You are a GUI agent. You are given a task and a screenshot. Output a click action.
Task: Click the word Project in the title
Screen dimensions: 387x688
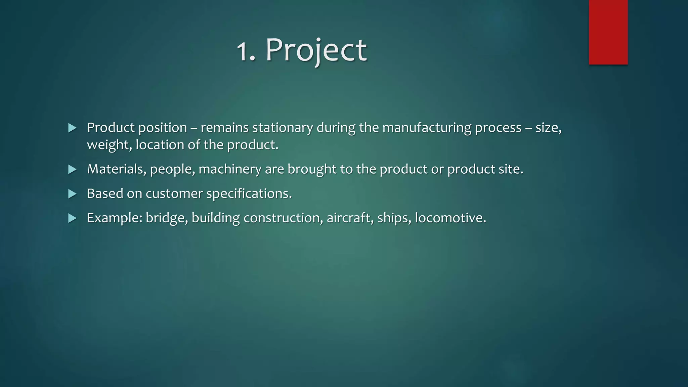coord(316,50)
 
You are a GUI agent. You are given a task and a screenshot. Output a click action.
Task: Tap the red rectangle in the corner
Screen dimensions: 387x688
coord(608,32)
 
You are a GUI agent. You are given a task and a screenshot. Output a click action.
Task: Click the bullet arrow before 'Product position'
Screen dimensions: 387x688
coord(72,128)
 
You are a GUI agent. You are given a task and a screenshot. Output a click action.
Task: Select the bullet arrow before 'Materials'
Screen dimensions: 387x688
coord(72,169)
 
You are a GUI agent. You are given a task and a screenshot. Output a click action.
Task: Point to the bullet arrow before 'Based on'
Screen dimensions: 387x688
coord(72,194)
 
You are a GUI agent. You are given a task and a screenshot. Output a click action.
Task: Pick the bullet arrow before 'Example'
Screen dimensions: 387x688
coord(72,218)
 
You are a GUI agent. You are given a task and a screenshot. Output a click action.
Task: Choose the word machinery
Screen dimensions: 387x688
coord(230,169)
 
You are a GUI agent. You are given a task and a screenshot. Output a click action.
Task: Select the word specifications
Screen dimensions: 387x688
coord(249,194)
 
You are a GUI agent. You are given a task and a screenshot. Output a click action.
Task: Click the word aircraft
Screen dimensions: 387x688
coord(350,218)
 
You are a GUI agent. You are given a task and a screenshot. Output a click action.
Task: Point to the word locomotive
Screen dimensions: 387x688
coord(450,218)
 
